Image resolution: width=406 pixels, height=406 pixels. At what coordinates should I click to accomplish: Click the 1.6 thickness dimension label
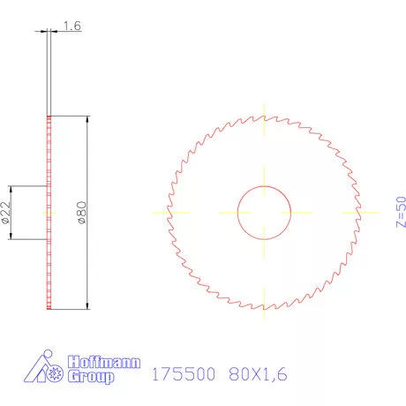[72, 26]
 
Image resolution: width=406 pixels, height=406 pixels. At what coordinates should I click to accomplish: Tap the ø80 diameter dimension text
[80, 213]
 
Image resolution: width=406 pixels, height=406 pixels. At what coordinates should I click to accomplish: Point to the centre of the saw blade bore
[265, 213]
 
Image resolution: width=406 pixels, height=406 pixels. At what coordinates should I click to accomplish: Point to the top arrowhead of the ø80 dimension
[86, 121]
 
